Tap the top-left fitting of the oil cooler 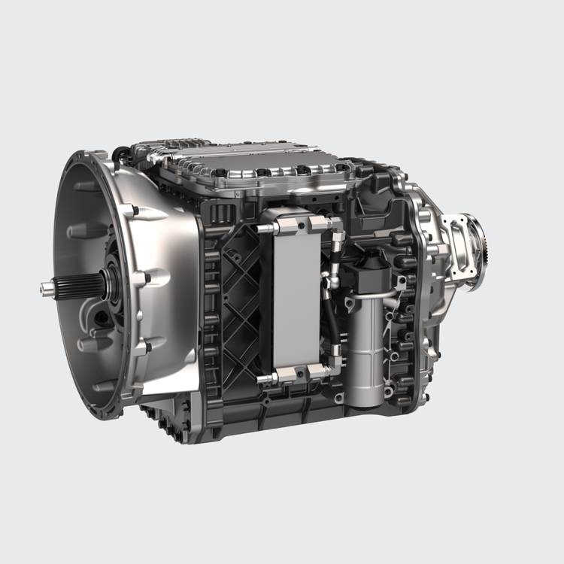click(266, 226)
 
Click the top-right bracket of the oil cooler click(320, 223)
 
